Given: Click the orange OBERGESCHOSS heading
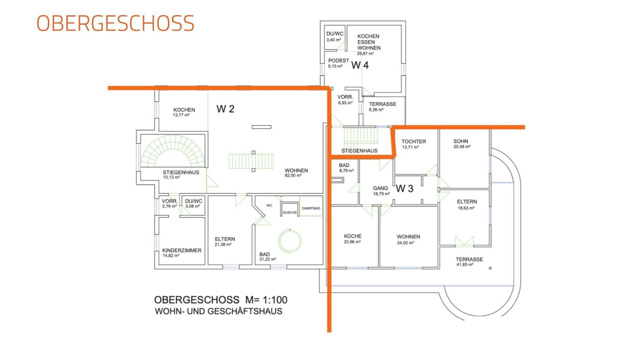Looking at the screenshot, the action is tap(115, 23).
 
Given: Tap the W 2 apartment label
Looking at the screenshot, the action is tap(225, 109).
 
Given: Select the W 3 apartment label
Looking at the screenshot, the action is tap(404, 189).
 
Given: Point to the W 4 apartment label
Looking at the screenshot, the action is tap(360, 65).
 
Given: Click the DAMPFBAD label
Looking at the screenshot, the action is tap(311, 208).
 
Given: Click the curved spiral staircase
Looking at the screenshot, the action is tap(173, 151).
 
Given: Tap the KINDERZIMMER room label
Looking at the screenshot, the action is tap(182, 250).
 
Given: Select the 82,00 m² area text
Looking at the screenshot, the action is tap(293, 176).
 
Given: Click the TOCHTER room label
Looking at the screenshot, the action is tap(414, 141).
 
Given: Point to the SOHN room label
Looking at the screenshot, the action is tap(461, 141).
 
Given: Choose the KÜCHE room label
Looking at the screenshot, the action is tap(353, 236).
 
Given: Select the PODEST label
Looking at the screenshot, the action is tap(339, 61).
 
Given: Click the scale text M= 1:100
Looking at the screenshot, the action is tap(266, 300).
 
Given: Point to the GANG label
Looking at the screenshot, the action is tap(380, 188).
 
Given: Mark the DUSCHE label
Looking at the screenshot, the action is tap(290, 213).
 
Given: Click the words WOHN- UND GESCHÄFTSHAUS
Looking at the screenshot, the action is tap(219, 311).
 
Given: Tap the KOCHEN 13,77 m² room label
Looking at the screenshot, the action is tap(184, 112).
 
